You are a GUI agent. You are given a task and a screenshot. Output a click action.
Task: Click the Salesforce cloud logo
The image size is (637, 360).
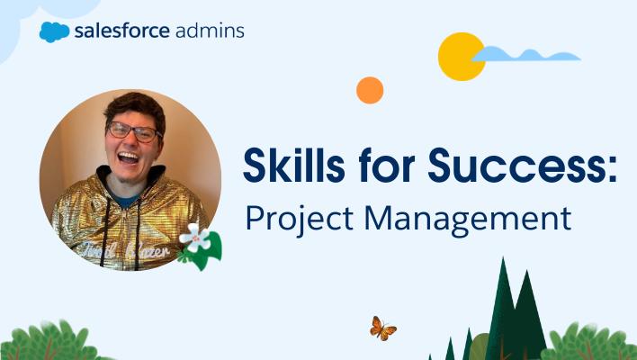(x=55, y=32)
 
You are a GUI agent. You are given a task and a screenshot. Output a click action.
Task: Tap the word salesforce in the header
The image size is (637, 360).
(x=121, y=31)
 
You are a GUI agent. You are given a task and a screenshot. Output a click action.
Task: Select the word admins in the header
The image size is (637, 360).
(x=210, y=31)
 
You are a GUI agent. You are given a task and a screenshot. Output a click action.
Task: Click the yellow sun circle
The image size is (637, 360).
(x=461, y=57)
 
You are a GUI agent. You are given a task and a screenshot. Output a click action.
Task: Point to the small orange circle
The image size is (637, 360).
(x=370, y=90)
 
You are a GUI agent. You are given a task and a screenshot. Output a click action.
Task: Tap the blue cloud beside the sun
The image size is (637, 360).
(x=526, y=54)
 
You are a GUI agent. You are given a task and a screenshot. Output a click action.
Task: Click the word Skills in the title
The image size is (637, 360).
(x=294, y=166)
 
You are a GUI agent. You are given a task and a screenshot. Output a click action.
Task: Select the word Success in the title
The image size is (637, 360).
(x=516, y=166)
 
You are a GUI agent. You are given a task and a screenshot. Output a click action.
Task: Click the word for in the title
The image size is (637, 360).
(x=386, y=166)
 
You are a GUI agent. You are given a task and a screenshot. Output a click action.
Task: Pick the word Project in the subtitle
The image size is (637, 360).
(x=300, y=220)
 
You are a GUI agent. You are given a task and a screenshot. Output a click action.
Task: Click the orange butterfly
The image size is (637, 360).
(x=382, y=328)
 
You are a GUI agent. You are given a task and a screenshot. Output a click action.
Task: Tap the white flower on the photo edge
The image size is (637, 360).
(x=196, y=238)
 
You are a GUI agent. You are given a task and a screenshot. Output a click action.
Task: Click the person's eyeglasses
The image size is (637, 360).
(x=132, y=131)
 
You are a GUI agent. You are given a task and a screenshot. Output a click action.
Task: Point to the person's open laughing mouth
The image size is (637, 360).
(x=129, y=157)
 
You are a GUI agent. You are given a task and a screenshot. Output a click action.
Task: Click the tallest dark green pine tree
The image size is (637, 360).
(x=503, y=313)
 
